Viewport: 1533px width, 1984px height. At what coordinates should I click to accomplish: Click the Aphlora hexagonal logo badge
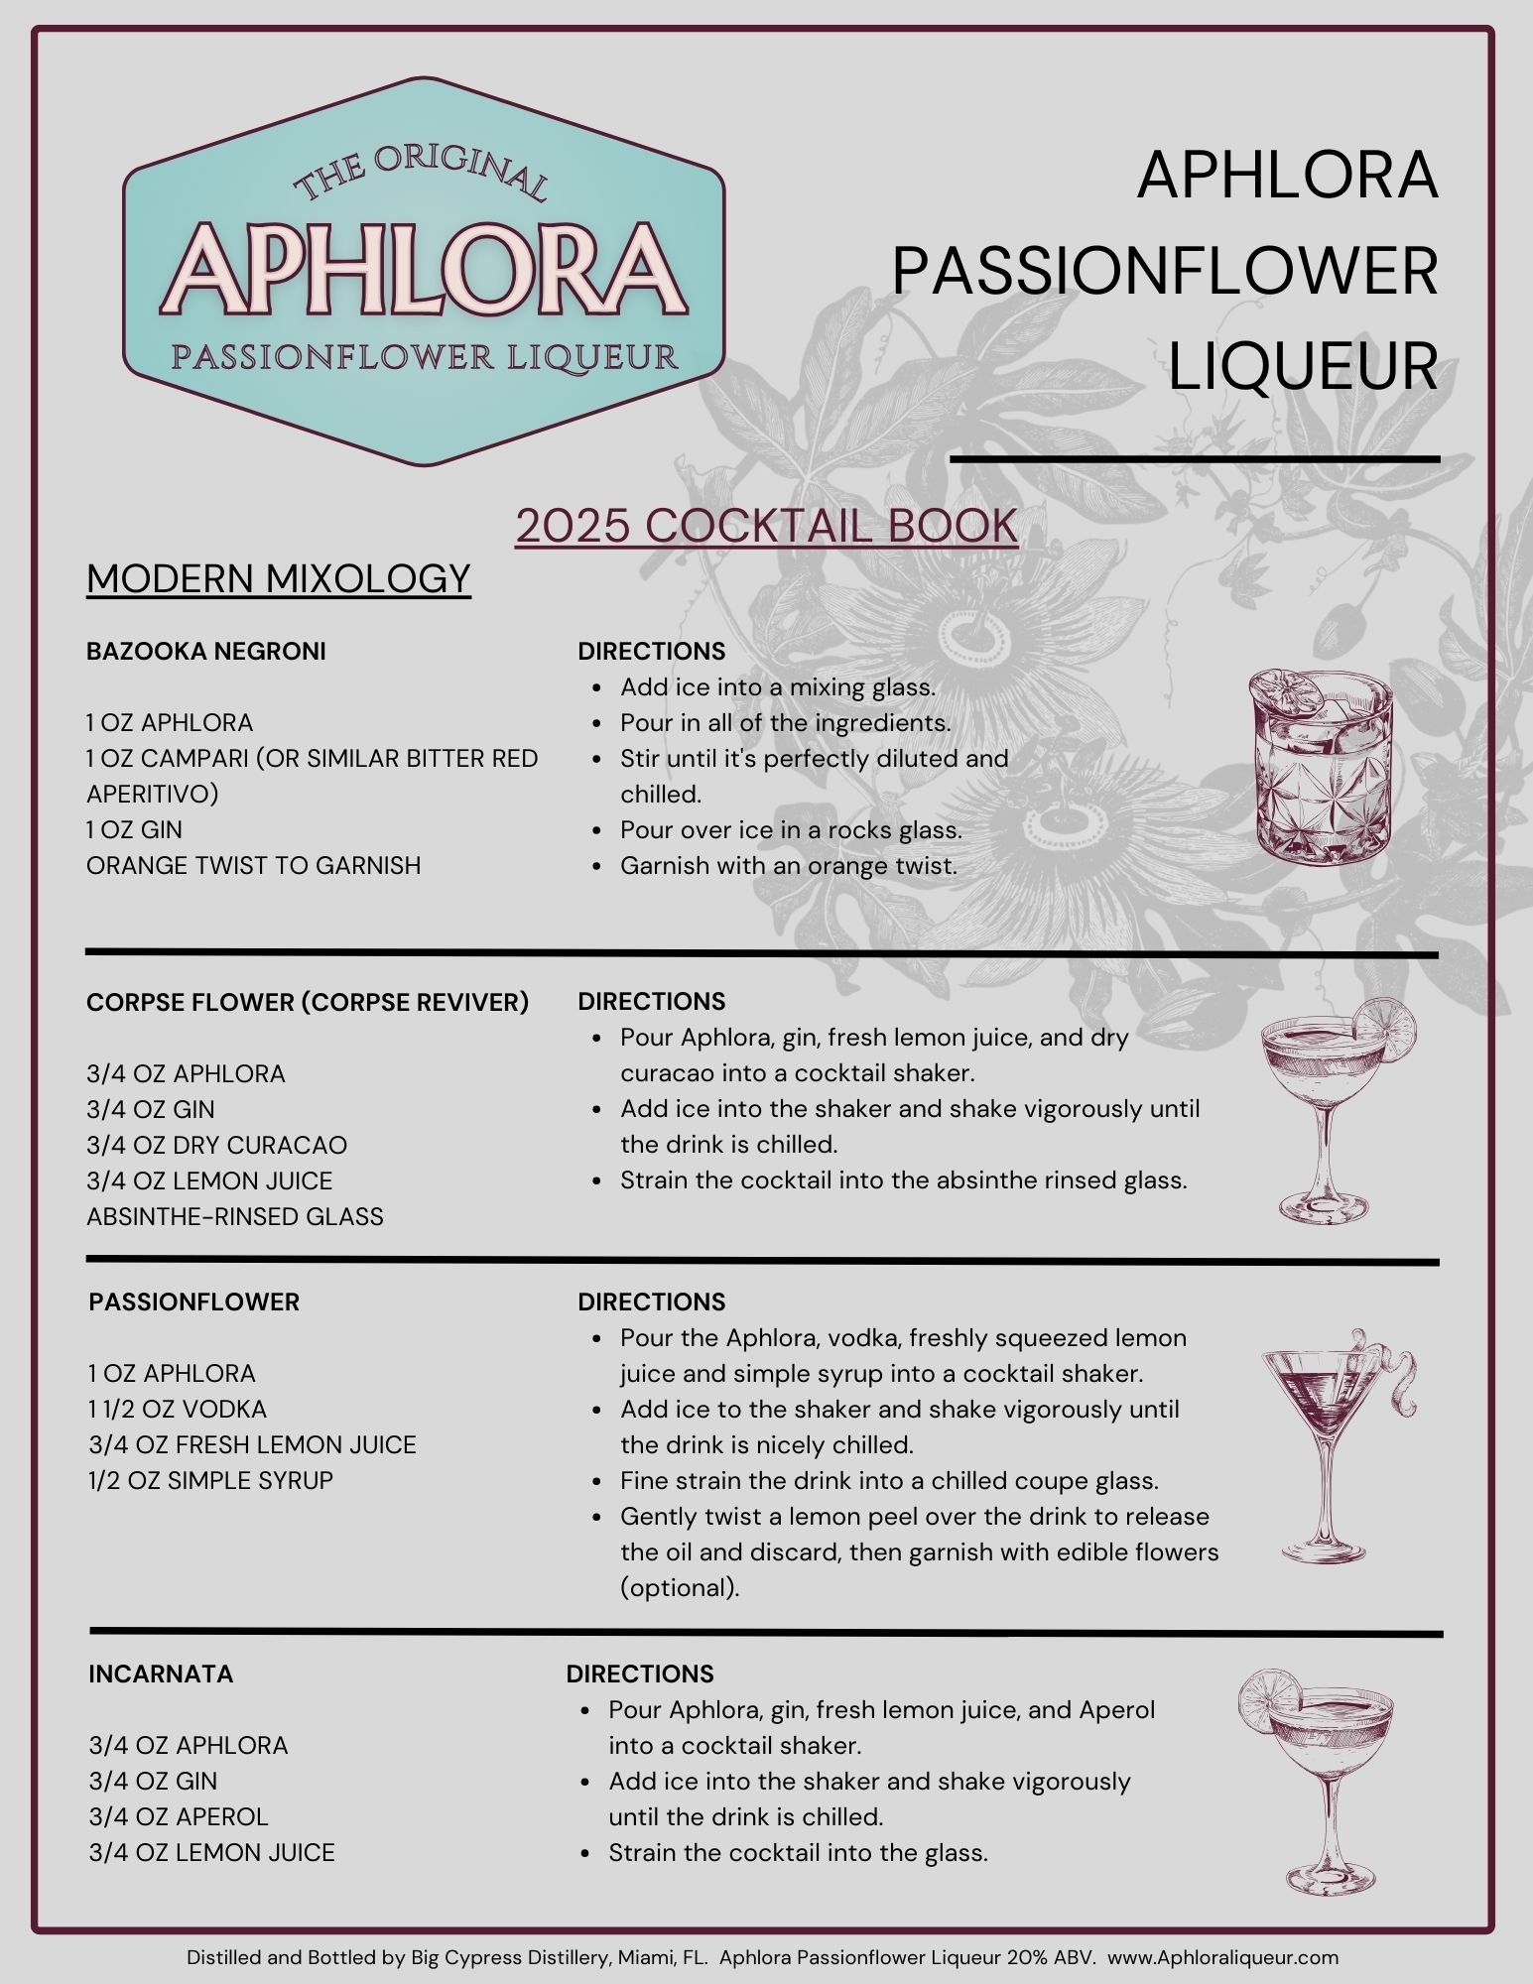tap(424, 271)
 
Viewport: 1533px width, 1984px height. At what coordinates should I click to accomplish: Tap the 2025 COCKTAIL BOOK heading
tap(766, 526)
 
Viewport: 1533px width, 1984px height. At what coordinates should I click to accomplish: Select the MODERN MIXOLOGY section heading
tap(279, 578)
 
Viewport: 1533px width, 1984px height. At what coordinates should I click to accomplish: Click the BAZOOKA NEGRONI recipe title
tap(206, 651)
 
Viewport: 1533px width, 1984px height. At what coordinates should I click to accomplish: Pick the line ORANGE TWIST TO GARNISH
tap(254, 865)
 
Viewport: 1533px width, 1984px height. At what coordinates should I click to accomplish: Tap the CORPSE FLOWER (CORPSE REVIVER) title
tap(308, 1002)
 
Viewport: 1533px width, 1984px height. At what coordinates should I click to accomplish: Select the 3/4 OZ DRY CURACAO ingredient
tap(217, 1145)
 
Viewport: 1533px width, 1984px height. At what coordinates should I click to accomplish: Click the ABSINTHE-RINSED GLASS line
tap(235, 1216)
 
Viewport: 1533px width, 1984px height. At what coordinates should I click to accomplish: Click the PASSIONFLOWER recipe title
tap(194, 1302)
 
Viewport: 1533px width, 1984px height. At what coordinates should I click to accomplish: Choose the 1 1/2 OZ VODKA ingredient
tap(179, 1409)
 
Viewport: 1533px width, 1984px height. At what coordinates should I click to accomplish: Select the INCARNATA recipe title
tap(162, 1674)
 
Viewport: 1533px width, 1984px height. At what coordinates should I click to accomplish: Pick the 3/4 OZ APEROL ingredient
tap(179, 1816)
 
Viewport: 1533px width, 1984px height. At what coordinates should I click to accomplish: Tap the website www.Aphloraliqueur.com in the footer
tap(1222, 1957)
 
